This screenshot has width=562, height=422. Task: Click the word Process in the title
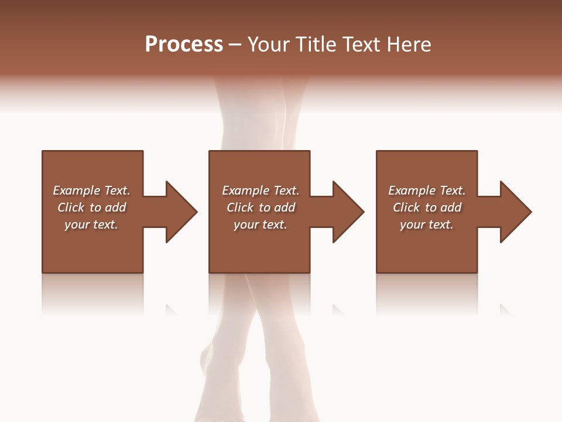pos(184,45)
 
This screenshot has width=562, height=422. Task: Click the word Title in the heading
pos(316,45)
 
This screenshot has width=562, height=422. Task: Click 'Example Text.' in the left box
pos(91,190)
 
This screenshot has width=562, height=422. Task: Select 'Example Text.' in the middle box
pos(261,190)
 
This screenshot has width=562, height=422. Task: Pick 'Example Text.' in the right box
pos(427,190)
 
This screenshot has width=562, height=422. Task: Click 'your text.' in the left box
pos(91,224)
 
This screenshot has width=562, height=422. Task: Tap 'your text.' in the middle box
pos(261,224)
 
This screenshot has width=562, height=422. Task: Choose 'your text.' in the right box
pos(427,224)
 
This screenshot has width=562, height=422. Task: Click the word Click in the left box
pos(71,207)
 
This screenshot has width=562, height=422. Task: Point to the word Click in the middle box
pos(240,207)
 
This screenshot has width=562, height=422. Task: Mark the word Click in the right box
pos(406,207)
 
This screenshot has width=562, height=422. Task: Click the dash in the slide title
pos(235,45)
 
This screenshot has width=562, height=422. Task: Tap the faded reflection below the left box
pos(92,293)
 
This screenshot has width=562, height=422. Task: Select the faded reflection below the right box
pos(427,293)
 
